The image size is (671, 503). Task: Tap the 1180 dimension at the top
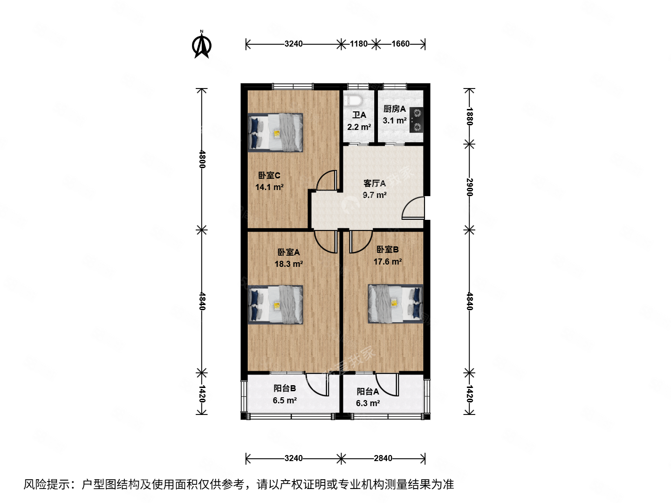[358, 44]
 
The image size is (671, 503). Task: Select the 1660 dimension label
[400, 44]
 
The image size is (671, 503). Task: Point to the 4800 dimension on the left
[202, 159]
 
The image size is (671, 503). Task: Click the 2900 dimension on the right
[470, 186]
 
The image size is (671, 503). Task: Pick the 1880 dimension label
[470, 116]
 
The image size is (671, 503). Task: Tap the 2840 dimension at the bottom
[383, 458]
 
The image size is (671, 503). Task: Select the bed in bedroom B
[396, 304]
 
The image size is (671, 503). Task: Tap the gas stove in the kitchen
[417, 120]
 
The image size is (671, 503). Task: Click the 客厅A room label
[374, 184]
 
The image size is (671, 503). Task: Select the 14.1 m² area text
[269, 187]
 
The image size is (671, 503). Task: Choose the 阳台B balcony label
[284, 388]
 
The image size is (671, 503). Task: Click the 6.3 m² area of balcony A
[368, 403]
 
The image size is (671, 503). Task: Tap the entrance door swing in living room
[413, 208]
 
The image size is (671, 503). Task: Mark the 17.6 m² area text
[387, 262]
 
